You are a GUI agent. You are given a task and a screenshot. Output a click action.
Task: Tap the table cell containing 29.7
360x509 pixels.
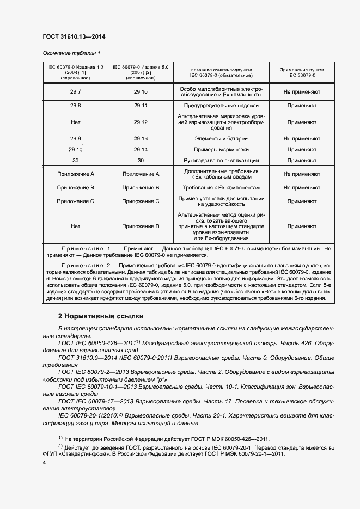76,92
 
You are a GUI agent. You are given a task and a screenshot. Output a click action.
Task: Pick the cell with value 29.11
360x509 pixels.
141,105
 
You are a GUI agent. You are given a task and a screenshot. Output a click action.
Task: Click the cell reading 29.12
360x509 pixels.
141,122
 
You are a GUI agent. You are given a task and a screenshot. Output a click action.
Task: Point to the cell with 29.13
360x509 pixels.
141,139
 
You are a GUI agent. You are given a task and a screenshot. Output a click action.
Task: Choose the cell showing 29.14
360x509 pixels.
141,149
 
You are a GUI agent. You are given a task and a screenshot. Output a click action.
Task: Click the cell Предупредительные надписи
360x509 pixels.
221,105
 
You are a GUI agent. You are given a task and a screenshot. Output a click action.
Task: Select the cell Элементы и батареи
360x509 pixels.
221,139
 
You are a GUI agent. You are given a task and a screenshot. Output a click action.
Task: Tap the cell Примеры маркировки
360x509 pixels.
221,149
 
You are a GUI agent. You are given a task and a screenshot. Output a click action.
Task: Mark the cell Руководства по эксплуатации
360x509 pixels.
221,161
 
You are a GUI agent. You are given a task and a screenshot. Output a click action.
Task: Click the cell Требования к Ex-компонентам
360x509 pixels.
221,187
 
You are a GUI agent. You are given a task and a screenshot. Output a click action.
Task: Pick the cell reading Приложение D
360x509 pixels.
141,226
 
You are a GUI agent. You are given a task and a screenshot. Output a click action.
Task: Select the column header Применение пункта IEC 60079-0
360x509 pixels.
301,72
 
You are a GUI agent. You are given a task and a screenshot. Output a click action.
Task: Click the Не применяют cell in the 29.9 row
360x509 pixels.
301,139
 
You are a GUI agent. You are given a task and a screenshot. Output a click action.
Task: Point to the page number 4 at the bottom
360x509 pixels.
44,462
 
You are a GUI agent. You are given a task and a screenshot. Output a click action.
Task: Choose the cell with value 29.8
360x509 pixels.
76,105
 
